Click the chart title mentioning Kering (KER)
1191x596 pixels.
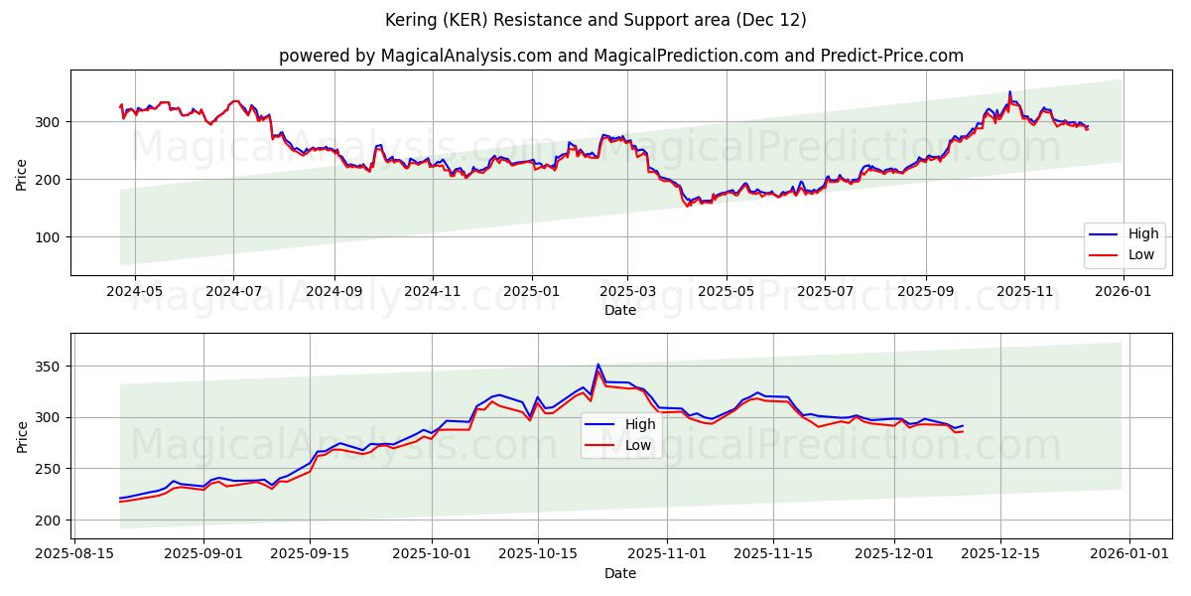pyautogui.click(x=595, y=20)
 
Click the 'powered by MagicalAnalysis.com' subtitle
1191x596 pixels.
pyautogui.click(x=620, y=56)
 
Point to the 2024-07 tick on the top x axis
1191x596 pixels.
pyautogui.click(x=233, y=291)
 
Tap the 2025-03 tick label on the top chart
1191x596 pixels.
pyautogui.click(x=627, y=291)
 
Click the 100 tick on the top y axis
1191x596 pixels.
pyautogui.click(x=51, y=236)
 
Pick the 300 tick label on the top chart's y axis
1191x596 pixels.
pyautogui.click(x=51, y=122)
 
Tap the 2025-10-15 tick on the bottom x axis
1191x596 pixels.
pyautogui.click(x=537, y=553)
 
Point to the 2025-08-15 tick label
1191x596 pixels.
pyautogui.click(x=74, y=553)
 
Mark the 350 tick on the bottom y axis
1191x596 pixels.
pyautogui.click(x=51, y=367)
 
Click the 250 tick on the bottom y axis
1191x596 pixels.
pyautogui.click(x=51, y=469)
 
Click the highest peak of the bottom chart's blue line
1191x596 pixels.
pyautogui.click(x=597, y=365)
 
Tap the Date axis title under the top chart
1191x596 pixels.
pyautogui.click(x=620, y=310)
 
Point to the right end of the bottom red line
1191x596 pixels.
pyautogui.click(x=963, y=431)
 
